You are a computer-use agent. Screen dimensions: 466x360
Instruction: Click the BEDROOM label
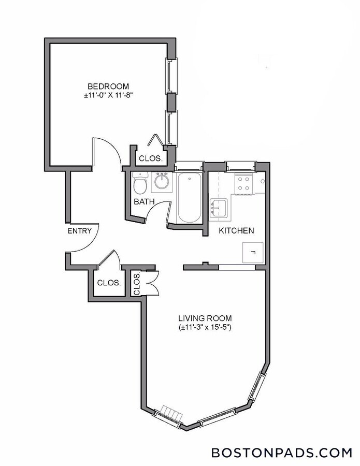(x=108, y=86)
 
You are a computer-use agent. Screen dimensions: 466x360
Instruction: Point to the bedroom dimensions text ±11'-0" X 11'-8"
(x=108, y=95)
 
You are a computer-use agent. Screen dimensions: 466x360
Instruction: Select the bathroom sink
(x=162, y=182)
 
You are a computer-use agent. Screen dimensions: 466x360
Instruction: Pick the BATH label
(x=142, y=201)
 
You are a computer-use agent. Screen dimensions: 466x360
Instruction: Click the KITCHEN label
(x=236, y=230)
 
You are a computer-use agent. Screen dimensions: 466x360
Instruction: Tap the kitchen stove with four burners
(x=243, y=183)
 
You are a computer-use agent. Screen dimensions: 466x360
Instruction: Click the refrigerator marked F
(x=253, y=253)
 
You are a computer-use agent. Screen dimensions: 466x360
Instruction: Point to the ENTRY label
(x=79, y=231)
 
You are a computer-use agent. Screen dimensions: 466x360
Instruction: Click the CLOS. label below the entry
(x=109, y=283)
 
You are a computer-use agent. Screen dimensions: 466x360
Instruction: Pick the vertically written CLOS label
(x=137, y=284)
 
